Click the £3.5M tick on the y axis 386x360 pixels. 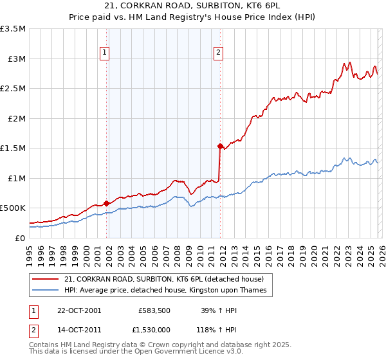click(x=13, y=29)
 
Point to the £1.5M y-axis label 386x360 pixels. click(x=13, y=148)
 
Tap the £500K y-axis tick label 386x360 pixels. click(x=13, y=208)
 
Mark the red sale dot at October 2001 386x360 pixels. click(x=106, y=203)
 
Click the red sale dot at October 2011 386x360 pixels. click(x=219, y=146)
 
